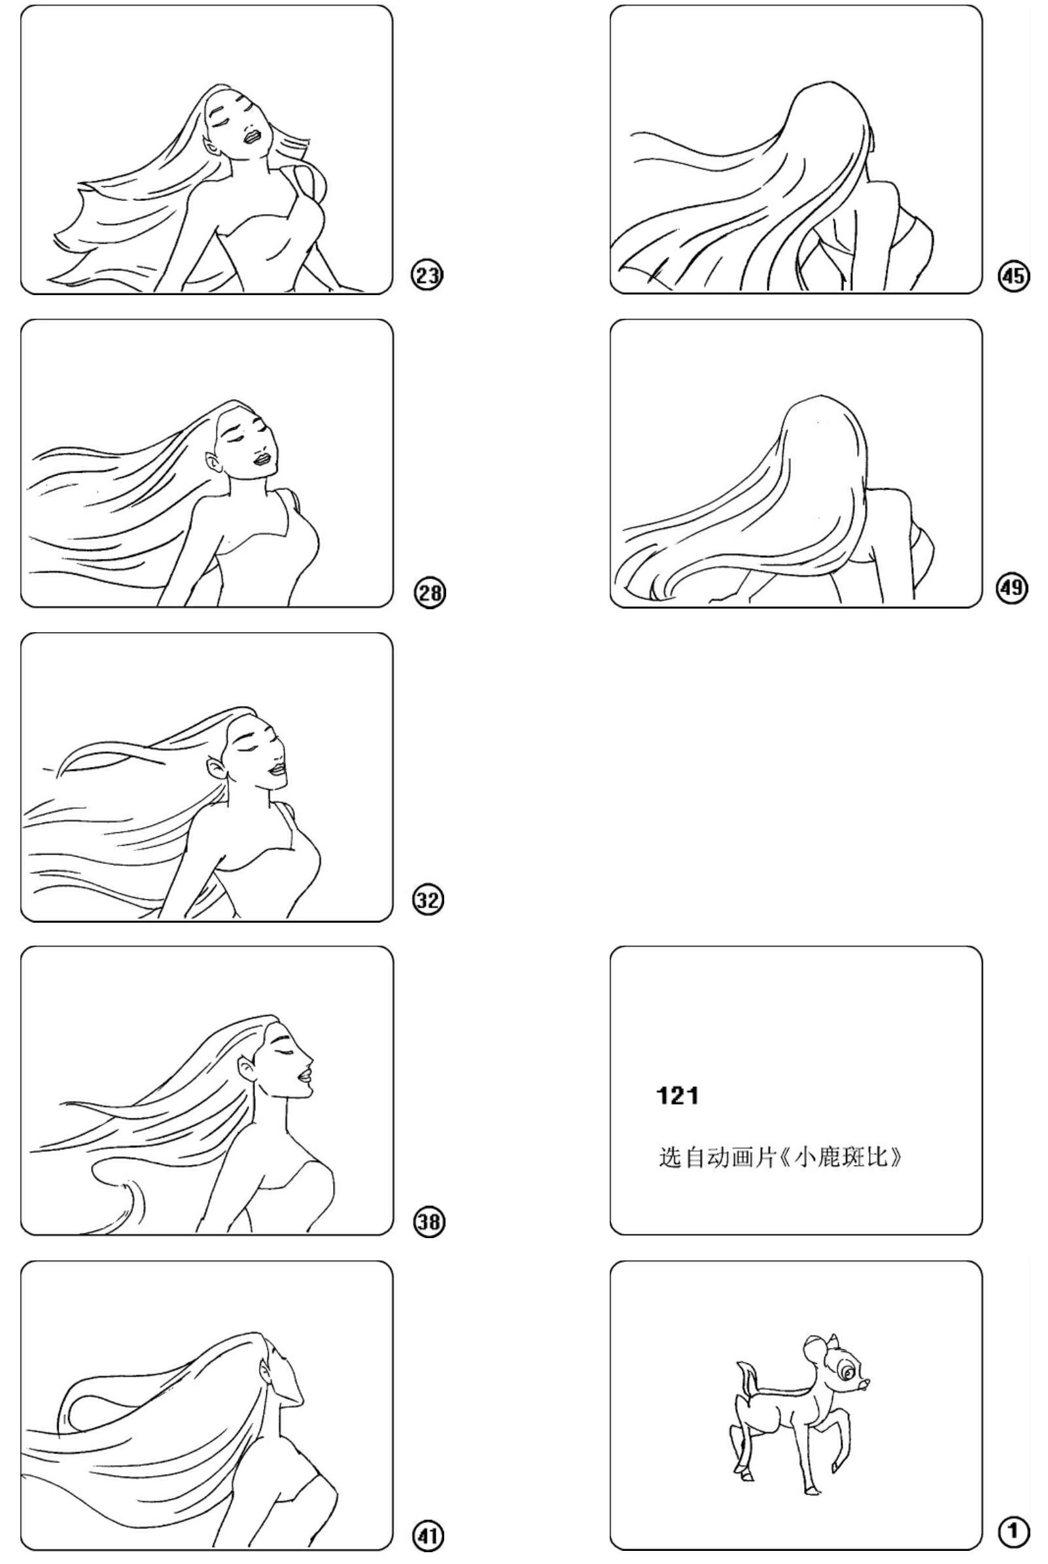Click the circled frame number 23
(x=427, y=275)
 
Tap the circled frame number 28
(x=429, y=593)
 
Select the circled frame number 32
(x=428, y=900)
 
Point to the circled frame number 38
(x=428, y=1222)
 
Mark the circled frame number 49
(x=1013, y=588)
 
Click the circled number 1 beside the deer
(x=1014, y=1532)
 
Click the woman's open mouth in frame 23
(x=254, y=135)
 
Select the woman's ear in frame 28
(x=212, y=462)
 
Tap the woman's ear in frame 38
(x=245, y=1070)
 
